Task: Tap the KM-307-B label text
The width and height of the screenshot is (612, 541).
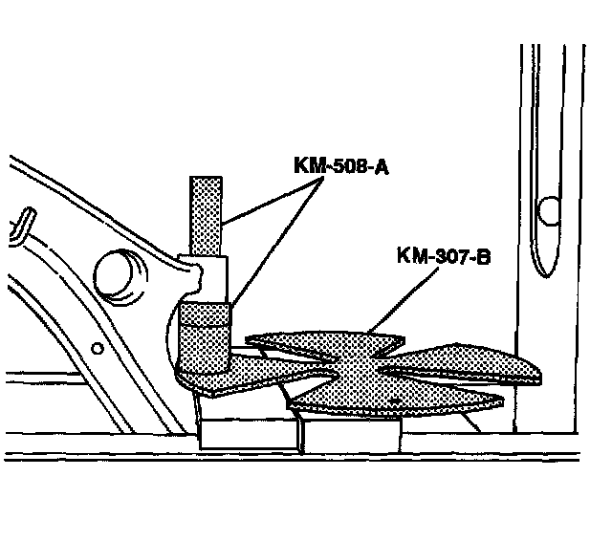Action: click(442, 257)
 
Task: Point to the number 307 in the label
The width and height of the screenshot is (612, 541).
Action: click(446, 257)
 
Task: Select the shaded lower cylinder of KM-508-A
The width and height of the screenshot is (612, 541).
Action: click(205, 339)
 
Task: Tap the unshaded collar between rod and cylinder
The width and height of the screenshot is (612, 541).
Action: click(212, 277)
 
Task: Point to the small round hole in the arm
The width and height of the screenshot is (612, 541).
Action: click(96, 346)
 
